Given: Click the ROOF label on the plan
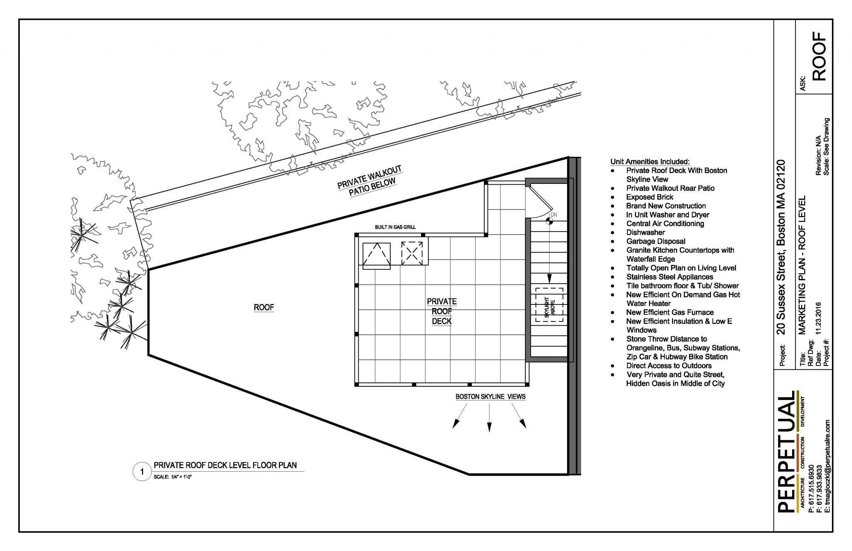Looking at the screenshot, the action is (x=264, y=307).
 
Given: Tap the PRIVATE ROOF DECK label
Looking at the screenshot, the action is (x=441, y=311).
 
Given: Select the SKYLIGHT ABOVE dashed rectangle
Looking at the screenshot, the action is (x=549, y=305).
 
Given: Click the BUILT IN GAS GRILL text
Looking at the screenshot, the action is (x=395, y=227).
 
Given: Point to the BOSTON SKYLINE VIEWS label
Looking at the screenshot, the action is (x=490, y=397).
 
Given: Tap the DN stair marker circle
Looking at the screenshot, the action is (x=550, y=221).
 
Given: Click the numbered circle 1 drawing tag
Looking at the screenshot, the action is (x=142, y=472).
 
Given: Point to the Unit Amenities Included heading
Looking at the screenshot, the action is (x=650, y=161).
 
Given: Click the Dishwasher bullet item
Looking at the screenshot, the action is (x=645, y=232).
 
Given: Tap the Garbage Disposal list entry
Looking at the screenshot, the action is (x=656, y=241).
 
